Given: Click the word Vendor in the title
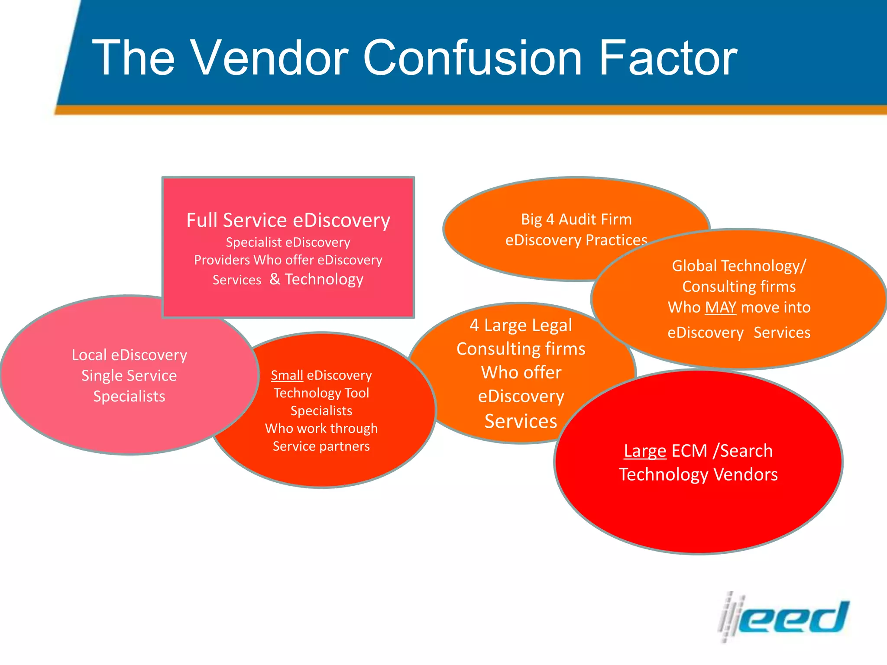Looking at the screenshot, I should (269, 58).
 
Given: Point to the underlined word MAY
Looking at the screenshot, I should (720, 307).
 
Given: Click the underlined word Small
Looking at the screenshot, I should (287, 375).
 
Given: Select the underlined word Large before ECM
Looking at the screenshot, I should (644, 451).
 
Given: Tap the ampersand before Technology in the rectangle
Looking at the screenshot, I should (275, 279).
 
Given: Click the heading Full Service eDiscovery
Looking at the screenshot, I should (288, 220).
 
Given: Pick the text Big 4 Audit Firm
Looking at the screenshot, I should (576, 220).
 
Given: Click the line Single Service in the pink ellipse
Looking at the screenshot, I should (129, 376).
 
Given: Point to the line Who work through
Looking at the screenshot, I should (321, 429).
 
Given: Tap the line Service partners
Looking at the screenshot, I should (321, 446).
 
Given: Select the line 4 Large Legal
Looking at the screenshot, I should (521, 325).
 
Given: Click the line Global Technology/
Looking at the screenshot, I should (739, 266).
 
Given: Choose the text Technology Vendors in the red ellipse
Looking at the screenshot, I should (698, 475).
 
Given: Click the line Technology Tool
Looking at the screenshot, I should (321, 393).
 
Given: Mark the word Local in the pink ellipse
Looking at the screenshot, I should (89, 355).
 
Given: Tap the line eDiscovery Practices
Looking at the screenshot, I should (576, 240).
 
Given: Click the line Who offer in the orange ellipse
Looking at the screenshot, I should (521, 373).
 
